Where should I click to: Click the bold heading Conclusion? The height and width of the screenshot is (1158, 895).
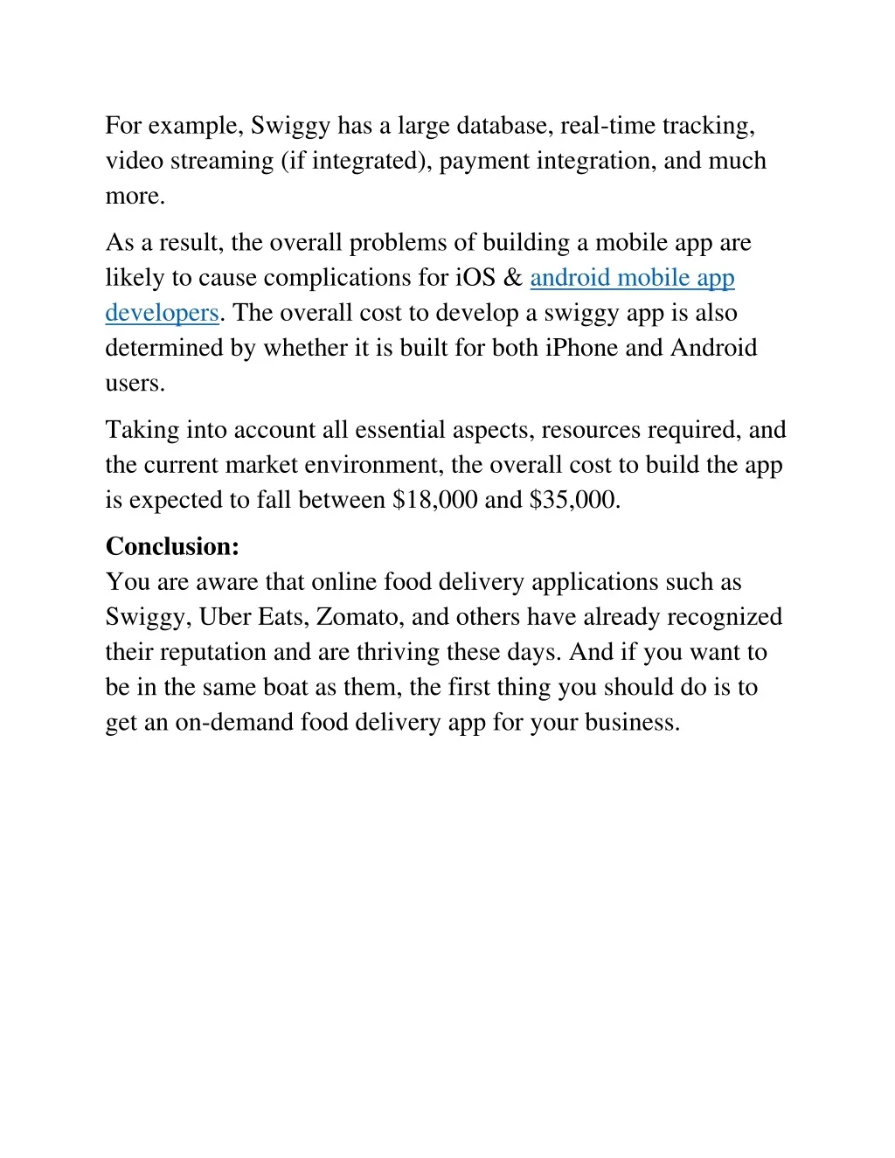172,546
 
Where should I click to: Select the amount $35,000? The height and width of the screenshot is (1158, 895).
572,500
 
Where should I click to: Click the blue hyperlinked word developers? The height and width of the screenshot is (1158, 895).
162,313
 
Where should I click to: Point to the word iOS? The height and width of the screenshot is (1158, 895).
475,278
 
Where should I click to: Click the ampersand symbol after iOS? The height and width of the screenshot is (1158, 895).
513,278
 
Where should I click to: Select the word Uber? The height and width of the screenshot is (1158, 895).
225,617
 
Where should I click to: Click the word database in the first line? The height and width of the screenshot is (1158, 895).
504,126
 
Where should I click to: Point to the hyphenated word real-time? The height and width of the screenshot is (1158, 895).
607,126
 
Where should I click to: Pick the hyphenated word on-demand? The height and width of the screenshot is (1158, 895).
233,723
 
